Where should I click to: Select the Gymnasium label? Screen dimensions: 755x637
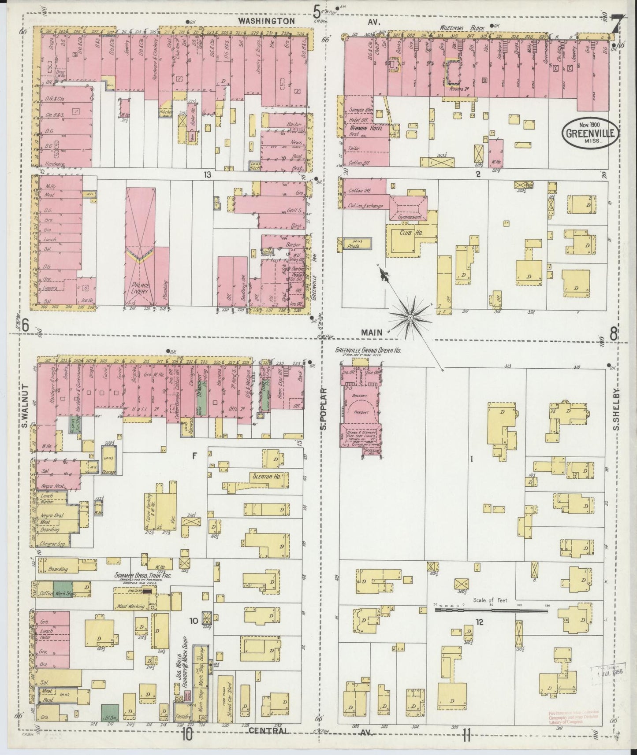(410, 218)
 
